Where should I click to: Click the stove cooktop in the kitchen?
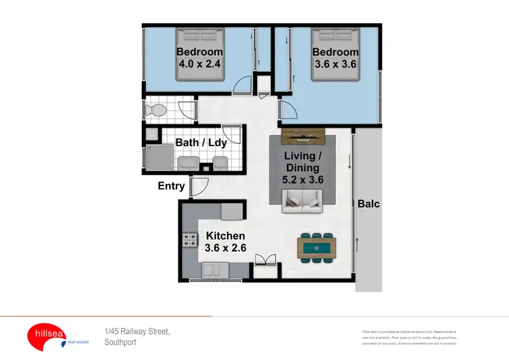(x=189, y=240)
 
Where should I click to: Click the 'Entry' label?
(x=172, y=185)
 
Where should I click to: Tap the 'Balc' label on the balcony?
(x=369, y=202)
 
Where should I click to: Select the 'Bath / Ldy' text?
(x=201, y=143)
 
